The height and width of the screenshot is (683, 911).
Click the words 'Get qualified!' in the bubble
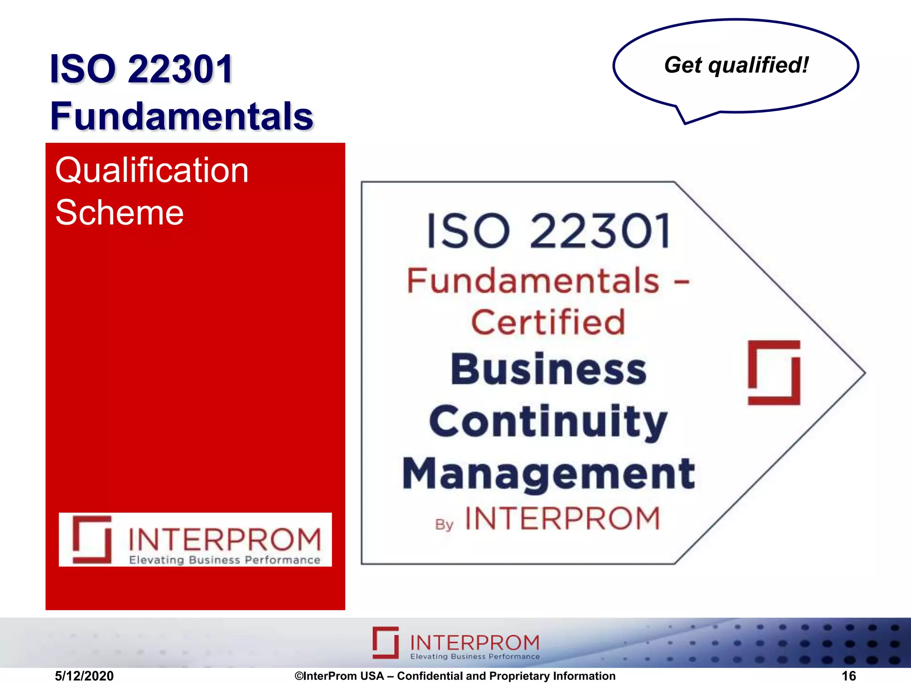pos(736,65)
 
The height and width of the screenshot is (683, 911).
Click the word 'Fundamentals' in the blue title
pos(182,116)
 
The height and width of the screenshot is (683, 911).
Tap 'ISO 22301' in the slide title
pos(141,69)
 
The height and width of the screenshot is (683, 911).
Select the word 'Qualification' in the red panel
pos(152,171)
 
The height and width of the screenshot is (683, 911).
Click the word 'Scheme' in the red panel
pos(119,213)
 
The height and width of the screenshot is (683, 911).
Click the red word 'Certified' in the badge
pos(548,322)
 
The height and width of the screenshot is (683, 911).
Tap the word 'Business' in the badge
pos(548,369)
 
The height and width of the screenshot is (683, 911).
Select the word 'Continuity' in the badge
pos(548,421)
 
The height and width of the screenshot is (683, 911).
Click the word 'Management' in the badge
pos(548,474)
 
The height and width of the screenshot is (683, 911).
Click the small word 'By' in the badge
pos(444,525)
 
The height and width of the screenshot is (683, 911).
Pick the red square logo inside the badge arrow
pos(774,373)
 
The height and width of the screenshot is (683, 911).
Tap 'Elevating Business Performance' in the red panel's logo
pos(225,560)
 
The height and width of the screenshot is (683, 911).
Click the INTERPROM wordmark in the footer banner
pos(474,642)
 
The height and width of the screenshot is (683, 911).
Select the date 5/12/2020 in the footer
pos(84,676)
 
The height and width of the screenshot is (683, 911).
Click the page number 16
pos(849,676)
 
